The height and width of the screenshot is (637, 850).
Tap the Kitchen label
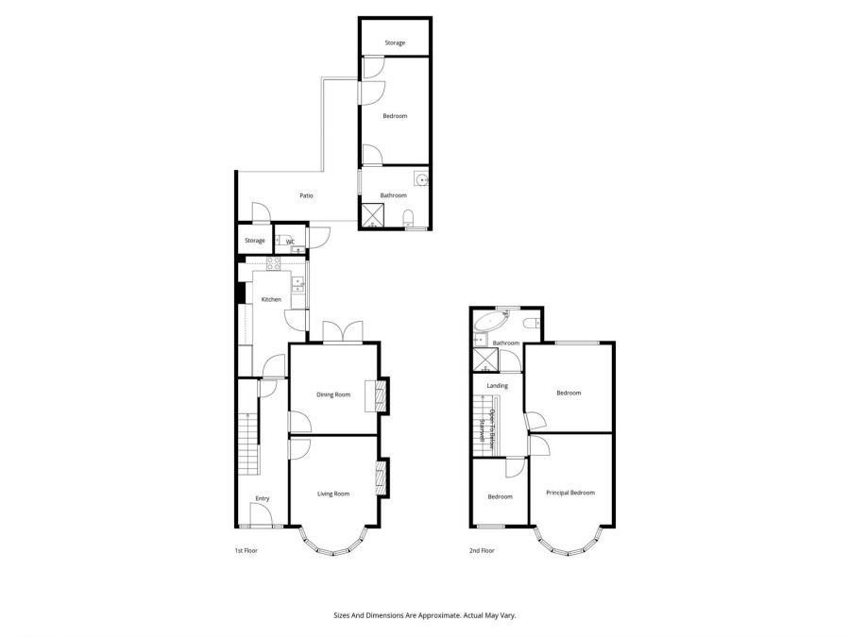tap(271, 300)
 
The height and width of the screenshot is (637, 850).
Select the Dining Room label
tap(333, 394)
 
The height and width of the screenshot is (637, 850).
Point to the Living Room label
tap(333, 494)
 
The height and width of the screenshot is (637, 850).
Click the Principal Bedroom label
tap(570, 493)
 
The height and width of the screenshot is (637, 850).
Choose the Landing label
tap(497, 386)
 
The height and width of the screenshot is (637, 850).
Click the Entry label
tap(263, 499)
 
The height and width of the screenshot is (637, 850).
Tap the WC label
tap(291, 242)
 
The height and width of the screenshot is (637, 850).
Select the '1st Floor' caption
tap(247, 550)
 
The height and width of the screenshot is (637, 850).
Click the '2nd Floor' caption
tap(482, 550)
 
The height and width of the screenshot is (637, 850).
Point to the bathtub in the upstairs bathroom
tap(489, 327)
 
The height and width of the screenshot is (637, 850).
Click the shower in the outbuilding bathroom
tap(374, 216)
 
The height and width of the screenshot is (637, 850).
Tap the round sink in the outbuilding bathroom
tap(419, 179)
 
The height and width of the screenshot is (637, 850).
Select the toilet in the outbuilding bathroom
tap(408, 220)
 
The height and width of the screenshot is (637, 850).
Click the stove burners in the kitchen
tap(275, 264)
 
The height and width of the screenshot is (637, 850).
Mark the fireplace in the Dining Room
tap(382, 394)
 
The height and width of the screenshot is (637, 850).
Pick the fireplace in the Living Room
tap(382, 477)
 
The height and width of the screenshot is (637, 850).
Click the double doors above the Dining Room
tap(342, 331)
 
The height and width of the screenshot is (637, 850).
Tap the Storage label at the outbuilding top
tap(394, 43)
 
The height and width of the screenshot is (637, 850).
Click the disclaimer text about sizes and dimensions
tap(425, 615)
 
